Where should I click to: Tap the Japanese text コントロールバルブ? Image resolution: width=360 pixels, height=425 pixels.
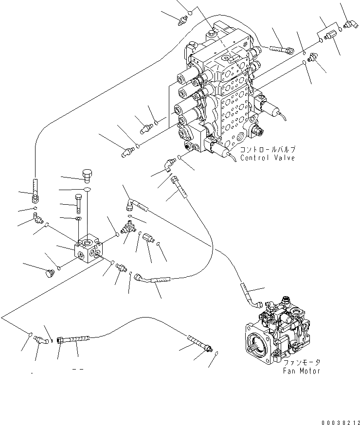(x=267, y=150)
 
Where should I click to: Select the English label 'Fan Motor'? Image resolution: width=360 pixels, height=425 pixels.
(x=302, y=371)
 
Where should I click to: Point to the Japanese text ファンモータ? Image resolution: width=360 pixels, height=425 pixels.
(x=302, y=362)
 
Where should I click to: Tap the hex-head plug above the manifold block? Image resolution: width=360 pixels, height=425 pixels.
(x=87, y=173)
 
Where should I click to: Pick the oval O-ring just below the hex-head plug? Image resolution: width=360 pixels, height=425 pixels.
(x=87, y=189)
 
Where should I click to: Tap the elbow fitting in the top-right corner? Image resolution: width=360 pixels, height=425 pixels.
(x=349, y=24)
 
